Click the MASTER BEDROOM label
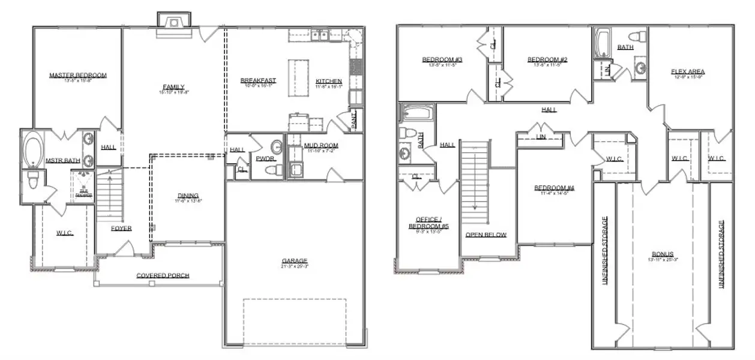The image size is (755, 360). point(78,76)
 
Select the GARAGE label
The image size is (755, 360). point(295,261)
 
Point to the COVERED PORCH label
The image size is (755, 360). point(163,275)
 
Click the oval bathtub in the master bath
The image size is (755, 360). point(34,150)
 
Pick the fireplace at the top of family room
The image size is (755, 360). point(174,21)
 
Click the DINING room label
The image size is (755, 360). point(188,195)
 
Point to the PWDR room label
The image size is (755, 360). point(265,158)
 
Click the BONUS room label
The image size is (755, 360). point(663,254)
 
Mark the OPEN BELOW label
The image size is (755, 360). point(486,235)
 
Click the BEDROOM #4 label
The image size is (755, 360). point(555,188)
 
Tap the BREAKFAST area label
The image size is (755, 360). point(258,80)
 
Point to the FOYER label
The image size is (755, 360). point(121,228)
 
